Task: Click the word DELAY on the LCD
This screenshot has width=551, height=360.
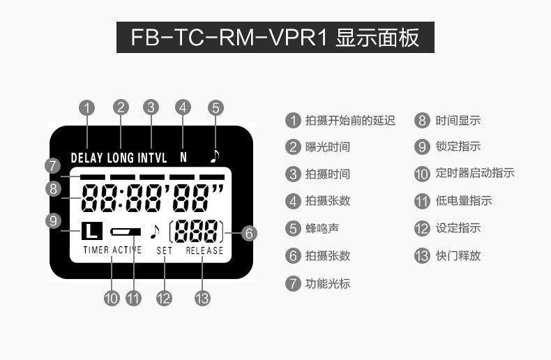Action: point(87,158)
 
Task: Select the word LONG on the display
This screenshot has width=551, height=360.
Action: point(121,158)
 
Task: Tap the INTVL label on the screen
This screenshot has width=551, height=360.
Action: point(152,158)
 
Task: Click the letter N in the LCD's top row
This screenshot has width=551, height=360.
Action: point(183,158)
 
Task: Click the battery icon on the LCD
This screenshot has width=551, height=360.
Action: point(126,231)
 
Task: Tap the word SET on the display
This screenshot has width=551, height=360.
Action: point(165,250)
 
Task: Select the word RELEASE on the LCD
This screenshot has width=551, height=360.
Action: point(204,250)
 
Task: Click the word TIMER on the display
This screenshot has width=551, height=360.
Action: point(96,250)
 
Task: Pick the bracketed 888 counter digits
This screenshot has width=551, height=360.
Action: point(197,230)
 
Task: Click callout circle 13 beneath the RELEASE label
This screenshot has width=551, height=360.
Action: point(202,298)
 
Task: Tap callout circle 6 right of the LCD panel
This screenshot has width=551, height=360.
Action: point(249,234)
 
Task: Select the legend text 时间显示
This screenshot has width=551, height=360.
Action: point(458,120)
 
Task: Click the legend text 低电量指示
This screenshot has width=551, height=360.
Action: point(464,201)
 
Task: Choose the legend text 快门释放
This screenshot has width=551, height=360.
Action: point(458,255)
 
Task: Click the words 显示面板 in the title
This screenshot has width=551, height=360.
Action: point(377,37)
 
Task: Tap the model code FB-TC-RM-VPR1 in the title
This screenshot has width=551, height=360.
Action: point(229,37)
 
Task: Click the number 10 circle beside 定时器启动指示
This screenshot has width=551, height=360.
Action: point(421,174)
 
